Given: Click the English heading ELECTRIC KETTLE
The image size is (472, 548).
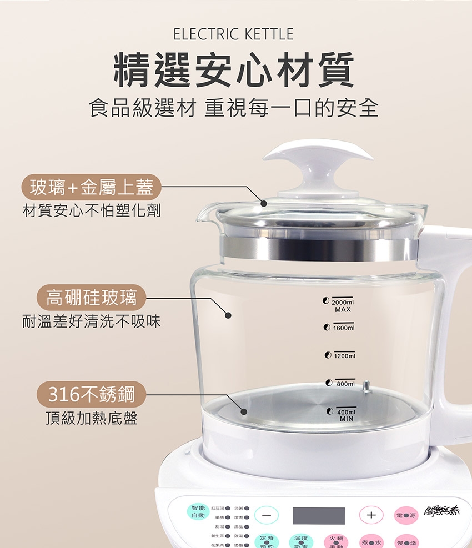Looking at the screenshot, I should coord(233,34).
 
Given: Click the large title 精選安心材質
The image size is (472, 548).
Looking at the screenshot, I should coord(233,70).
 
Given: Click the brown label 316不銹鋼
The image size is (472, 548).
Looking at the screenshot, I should coord(91,394).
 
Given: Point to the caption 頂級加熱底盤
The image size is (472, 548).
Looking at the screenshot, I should coord(91,418).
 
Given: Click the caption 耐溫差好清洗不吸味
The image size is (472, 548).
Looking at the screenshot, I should coord(91,321).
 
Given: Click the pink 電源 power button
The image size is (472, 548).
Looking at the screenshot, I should coord(406,516).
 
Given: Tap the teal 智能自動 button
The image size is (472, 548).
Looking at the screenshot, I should coord(198,511).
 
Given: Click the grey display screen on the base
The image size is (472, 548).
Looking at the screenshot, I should coord(319,515).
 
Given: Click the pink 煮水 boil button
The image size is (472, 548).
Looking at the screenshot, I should coord(371,541).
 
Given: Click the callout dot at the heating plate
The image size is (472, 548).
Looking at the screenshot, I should coord(244,411).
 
